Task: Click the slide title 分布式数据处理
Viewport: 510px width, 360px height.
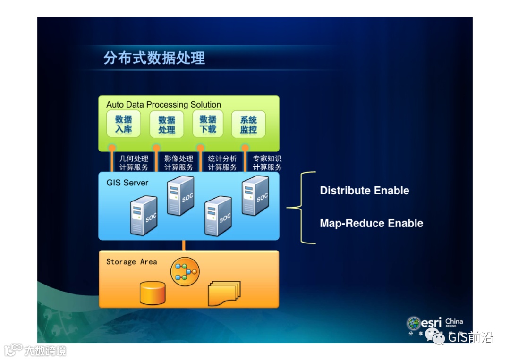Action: [x=154, y=58]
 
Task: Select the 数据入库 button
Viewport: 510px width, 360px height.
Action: [x=123, y=125]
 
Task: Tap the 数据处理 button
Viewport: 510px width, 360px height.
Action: [x=167, y=125]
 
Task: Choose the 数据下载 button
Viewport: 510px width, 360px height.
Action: [x=208, y=124]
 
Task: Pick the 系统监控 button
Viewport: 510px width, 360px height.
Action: [x=248, y=125]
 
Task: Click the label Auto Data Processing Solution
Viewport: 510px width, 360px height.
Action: [x=163, y=104]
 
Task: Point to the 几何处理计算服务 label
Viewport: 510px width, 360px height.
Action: [x=134, y=163]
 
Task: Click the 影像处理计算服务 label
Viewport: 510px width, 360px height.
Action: [x=178, y=163]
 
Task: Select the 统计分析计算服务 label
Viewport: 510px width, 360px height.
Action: [x=222, y=163]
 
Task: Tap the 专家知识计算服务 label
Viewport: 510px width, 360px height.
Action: [x=267, y=163]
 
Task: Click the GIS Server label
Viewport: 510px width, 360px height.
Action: [x=127, y=183]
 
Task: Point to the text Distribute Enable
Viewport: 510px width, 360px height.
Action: [x=365, y=191]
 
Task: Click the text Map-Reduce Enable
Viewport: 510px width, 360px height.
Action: [x=372, y=223]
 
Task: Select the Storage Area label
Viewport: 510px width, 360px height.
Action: [x=131, y=261]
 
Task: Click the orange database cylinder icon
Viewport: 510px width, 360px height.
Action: [x=153, y=293]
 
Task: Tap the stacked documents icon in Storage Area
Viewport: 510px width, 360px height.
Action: [x=224, y=293]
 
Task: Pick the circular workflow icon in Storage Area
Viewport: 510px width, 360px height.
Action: [x=185, y=271]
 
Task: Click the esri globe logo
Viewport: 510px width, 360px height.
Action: [x=414, y=323]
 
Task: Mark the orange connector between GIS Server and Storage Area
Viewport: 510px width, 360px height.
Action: [x=184, y=245]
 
